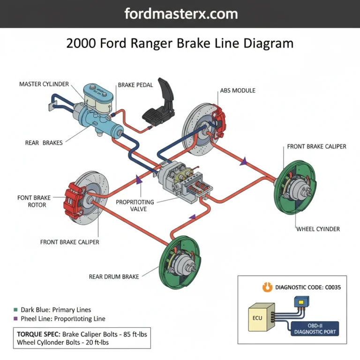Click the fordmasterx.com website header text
click(x=180, y=14)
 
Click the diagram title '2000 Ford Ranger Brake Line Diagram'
click(x=180, y=44)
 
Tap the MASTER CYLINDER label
click(x=44, y=84)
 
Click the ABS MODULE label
click(x=238, y=90)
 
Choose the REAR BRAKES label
click(x=44, y=142)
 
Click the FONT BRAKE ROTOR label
click(x=31, y=201)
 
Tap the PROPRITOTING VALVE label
click(x=135, y=205)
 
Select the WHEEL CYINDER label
click(x=318, y=229)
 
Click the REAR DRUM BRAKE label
click(x=114, y=277)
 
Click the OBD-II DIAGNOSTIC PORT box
click(x=315, y=328)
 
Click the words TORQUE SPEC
click(x=37, y=335)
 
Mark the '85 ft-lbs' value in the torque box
click(x=133, y=335)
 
